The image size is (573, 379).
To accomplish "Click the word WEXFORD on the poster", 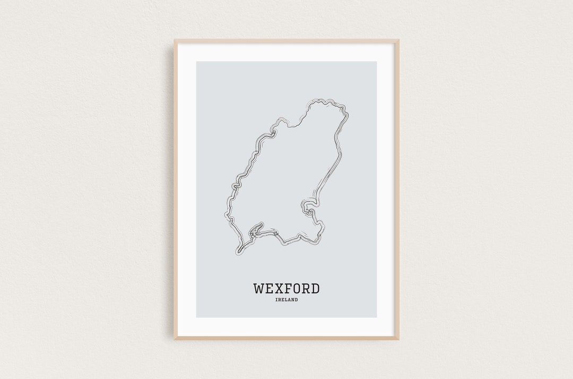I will [286, 289].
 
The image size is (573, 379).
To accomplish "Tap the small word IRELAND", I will [286, 300].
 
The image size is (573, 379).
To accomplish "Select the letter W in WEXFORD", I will [259, 289].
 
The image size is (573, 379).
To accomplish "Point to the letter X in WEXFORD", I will [279, 289].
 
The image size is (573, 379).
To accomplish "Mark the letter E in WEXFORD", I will [270, 289].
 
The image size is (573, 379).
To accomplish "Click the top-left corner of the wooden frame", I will [175, 40].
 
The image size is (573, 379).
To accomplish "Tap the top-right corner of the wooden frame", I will [398, 40].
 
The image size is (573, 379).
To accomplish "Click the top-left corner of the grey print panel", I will [197, 62].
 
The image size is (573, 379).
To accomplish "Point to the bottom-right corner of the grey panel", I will [376, 317].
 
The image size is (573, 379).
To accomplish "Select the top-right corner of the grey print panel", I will [376, 62].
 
